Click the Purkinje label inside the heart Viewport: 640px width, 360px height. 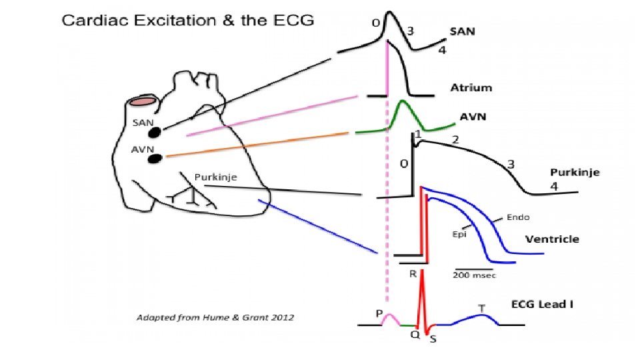[216, 177]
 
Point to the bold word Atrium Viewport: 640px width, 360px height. [471, 87]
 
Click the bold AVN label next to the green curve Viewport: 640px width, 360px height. [473, 117]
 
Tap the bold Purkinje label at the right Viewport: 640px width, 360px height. [575, 172]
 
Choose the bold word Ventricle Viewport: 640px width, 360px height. [553, 239]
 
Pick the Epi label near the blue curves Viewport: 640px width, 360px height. [461, 234]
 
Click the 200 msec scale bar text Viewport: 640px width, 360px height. [476, 275]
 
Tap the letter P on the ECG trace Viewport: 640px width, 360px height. [379, 312]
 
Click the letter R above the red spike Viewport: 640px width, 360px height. [413, 274]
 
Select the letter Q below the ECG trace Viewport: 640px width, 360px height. [414, 335]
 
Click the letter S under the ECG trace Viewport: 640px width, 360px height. [433, 339]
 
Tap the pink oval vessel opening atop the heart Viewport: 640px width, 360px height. [143, 101]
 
